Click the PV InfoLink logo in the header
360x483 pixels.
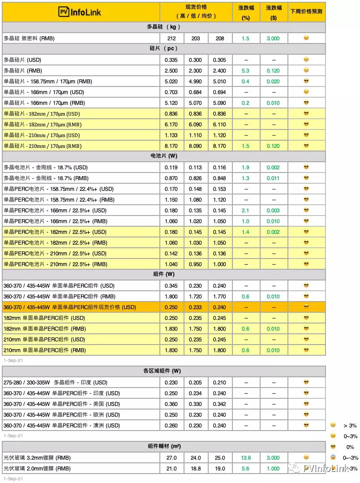80,12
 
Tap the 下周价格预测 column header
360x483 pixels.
306,12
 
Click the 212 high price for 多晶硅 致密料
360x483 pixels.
171,39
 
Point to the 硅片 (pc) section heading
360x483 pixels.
163,48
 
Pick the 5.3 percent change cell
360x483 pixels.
245,71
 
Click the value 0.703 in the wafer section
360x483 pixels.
171,92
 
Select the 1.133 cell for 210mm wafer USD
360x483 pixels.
171,135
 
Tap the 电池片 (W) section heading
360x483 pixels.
163,156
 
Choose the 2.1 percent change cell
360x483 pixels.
245,211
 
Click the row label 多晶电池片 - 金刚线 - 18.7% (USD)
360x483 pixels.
46,168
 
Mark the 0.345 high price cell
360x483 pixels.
171,286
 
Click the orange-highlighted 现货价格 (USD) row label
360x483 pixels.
69,307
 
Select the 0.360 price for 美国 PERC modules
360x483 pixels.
171,404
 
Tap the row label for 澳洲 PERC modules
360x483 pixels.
62,426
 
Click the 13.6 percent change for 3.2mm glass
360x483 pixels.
245,458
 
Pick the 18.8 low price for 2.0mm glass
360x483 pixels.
196,469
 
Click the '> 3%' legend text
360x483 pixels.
350,426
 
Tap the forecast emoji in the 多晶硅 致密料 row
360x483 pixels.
306,38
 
